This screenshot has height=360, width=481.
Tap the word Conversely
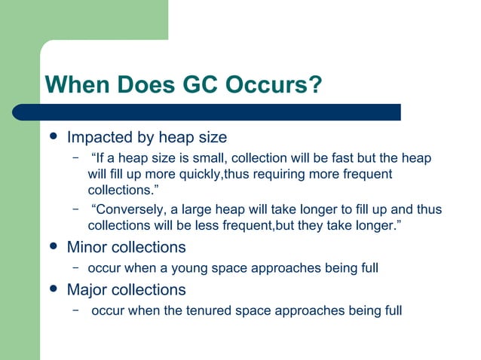(128, 209)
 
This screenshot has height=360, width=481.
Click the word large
(213, 209)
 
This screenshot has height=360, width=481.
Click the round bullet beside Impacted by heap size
(52, 138)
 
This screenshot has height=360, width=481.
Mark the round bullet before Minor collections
(52, 247)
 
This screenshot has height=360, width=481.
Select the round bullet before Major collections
(52, 289)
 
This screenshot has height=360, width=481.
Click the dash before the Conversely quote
(75, 209)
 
